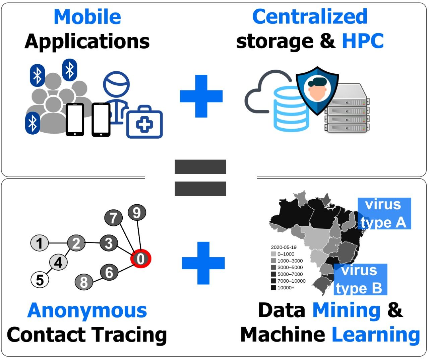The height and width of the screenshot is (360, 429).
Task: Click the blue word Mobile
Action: pyautogui.click(x=87, y=17)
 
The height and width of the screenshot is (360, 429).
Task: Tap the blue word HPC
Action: pyautogui.click(x=363, y=41)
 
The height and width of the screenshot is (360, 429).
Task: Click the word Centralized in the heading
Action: pyautogui.click(x=310, y=17)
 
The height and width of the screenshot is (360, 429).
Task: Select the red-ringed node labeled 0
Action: pyautogui.click(x=141, y=259)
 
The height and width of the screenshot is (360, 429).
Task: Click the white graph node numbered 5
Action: pyautogui.click(x=40, y=280)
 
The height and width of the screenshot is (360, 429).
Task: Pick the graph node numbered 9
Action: pyautogui.click(x=137, y=213)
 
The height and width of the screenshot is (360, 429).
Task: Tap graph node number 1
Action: pyautogui.click(x=40, y=243)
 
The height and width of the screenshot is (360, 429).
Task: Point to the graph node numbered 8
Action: pyautogui.click(x=84, y=282)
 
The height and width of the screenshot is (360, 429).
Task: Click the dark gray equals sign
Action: pyautogui.click(x=200, y=177)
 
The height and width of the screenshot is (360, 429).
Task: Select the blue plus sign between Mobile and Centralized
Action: pyautogui.click(x=201, y=96)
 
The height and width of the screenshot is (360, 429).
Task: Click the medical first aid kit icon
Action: pyautogui.click(x=144, y=122)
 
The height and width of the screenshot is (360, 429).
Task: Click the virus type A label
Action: pyautogui.click(x=384, y=214)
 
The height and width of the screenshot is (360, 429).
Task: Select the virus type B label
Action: pyautogui.click(x=360, y=280)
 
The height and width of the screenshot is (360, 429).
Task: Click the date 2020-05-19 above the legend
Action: pyautogui.click(x=284, y=247)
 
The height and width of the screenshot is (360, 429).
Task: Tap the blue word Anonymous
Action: pyautogui.click(x=87, y=311)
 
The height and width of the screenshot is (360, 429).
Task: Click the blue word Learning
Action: pyautogui.click(x=376, y=335)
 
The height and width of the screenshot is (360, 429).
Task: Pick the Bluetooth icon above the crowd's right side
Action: pyautogui.click(x=70, y=70)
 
